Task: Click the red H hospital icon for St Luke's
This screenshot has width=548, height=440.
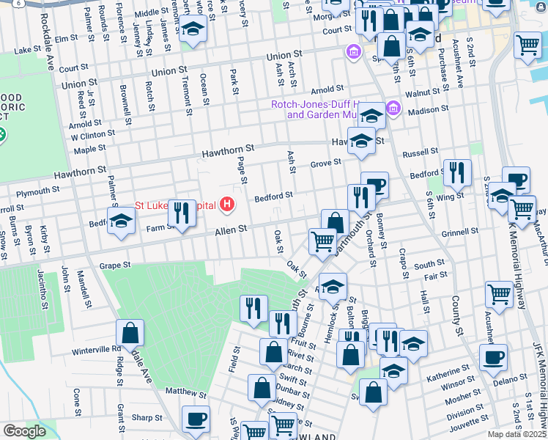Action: pyautogui.click(x=229, y=205)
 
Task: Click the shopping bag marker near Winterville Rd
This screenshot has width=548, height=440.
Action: pyautogui.click(x=129, y=334)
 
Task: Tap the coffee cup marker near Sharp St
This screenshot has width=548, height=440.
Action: pyautogui.click(x=196, y=419)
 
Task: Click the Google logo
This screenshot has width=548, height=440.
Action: pyautogui.click(x=25, y=431)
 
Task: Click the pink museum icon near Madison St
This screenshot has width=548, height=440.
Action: pyautogui.click(x=393, y=109)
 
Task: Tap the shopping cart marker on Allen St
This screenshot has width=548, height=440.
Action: pyautogui.click(x=322, y=241)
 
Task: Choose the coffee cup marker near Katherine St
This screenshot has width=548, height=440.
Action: pyautogui.click(x=493, y=357)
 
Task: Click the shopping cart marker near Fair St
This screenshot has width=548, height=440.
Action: pyautogui.click(x=499, y=294)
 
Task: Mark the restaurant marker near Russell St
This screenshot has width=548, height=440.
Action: pyautogui.click(x=457, y=173)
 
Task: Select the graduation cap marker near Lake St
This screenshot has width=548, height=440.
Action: pyautogui.click(x=193, y=30)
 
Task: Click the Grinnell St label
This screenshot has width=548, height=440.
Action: pyautogui.click(x=460, y=231)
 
